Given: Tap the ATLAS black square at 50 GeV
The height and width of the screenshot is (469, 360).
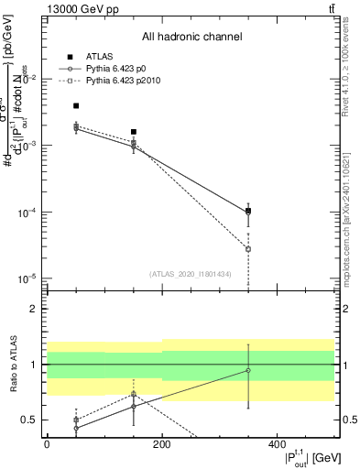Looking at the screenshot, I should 76,106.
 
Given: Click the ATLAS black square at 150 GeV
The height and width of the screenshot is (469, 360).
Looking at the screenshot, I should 134,132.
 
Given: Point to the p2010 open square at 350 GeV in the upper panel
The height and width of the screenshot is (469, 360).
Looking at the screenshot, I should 248,249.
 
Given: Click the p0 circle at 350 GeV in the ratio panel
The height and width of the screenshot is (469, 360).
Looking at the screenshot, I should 248,370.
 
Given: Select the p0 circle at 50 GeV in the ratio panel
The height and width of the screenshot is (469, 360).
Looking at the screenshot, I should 76,428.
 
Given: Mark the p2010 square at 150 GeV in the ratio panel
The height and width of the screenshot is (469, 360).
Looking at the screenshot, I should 134,394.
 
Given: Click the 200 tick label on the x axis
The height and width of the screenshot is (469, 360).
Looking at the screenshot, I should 162,444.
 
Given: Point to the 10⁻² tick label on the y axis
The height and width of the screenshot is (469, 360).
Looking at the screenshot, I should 33,79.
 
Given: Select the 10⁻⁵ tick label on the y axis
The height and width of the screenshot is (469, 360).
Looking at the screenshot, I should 33,278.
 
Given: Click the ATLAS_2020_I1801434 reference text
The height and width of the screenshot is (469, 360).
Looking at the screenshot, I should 191,274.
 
